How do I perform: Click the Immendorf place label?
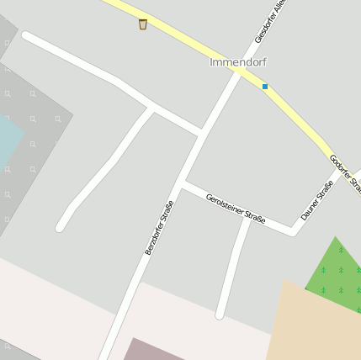point(237,62)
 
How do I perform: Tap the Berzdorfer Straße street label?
point(159,227)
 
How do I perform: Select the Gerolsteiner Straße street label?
point(236,207)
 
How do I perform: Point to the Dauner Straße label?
point(317,199)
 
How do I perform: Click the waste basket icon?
point(143,24)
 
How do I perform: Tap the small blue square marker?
point(265,87)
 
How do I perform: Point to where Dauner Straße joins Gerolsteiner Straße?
point(295,230)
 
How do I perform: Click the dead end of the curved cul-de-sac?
point(61,226)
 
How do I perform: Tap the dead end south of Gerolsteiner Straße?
point(220,315)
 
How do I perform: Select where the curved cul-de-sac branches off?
point(152,108)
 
